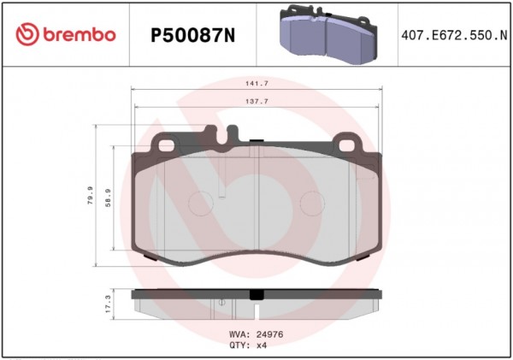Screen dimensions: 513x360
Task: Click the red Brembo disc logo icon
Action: click(x=27, y=34)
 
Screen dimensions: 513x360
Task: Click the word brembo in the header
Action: click(x=80, y=34)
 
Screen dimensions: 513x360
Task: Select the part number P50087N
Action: click(x=192, y=35)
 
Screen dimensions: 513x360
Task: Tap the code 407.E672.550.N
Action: click(x=454, y=35)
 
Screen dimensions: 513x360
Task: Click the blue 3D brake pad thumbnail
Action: click(x=328, y=34)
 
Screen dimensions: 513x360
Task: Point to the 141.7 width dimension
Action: click(x=256, y=84)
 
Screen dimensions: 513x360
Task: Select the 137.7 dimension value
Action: click(x=256, y=102)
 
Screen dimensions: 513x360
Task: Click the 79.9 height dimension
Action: click(x=90, y=195)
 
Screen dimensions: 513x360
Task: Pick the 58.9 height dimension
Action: click(x=109, y=198)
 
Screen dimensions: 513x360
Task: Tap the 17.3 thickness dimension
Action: click(x=109, y=304)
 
